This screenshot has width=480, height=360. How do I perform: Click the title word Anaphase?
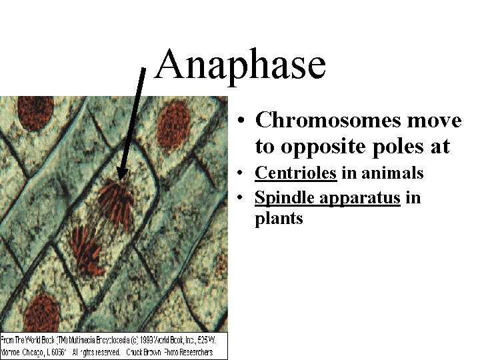240,65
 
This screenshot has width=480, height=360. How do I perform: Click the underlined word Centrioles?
295,173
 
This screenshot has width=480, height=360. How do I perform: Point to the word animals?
392,173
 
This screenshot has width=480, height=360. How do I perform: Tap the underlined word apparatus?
360,199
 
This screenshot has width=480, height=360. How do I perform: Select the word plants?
279,219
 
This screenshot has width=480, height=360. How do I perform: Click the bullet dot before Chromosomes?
243,121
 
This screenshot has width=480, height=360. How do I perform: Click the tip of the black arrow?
120,178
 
